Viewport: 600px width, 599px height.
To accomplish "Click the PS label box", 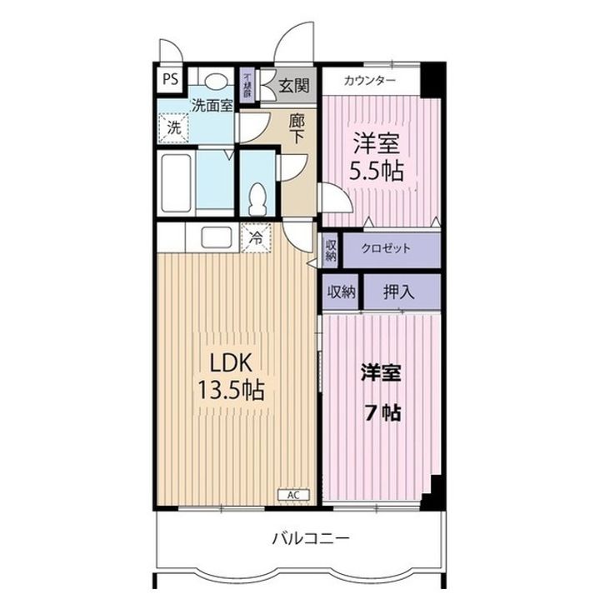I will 170,80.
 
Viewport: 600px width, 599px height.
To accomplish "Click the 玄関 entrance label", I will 294,84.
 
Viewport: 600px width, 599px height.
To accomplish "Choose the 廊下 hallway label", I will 297,128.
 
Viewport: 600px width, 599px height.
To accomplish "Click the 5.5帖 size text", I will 377,172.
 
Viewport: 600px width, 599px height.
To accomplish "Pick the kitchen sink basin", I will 217,237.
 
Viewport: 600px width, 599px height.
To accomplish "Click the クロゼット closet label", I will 387,249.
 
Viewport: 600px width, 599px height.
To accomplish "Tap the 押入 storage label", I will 399,292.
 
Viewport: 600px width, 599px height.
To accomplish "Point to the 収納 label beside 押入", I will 341,292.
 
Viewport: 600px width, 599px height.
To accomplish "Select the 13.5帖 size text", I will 230,390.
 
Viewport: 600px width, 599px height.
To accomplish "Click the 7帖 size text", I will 382,412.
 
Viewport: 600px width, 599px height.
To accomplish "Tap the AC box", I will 293,495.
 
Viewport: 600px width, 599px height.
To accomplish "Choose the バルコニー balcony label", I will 310,537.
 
